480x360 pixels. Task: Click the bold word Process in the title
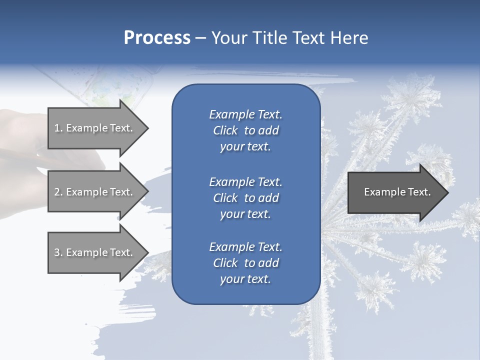(x=157, y=38)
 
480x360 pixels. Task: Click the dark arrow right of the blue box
(x=395, y=192)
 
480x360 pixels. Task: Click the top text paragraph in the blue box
(x=245, y=130)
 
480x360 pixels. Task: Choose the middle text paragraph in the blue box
(x=245, y=197)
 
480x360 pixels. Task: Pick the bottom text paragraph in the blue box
(x=245, y=263)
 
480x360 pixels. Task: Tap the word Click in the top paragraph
(x=225, y=130)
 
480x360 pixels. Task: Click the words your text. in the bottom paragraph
(x=245, y=279)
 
